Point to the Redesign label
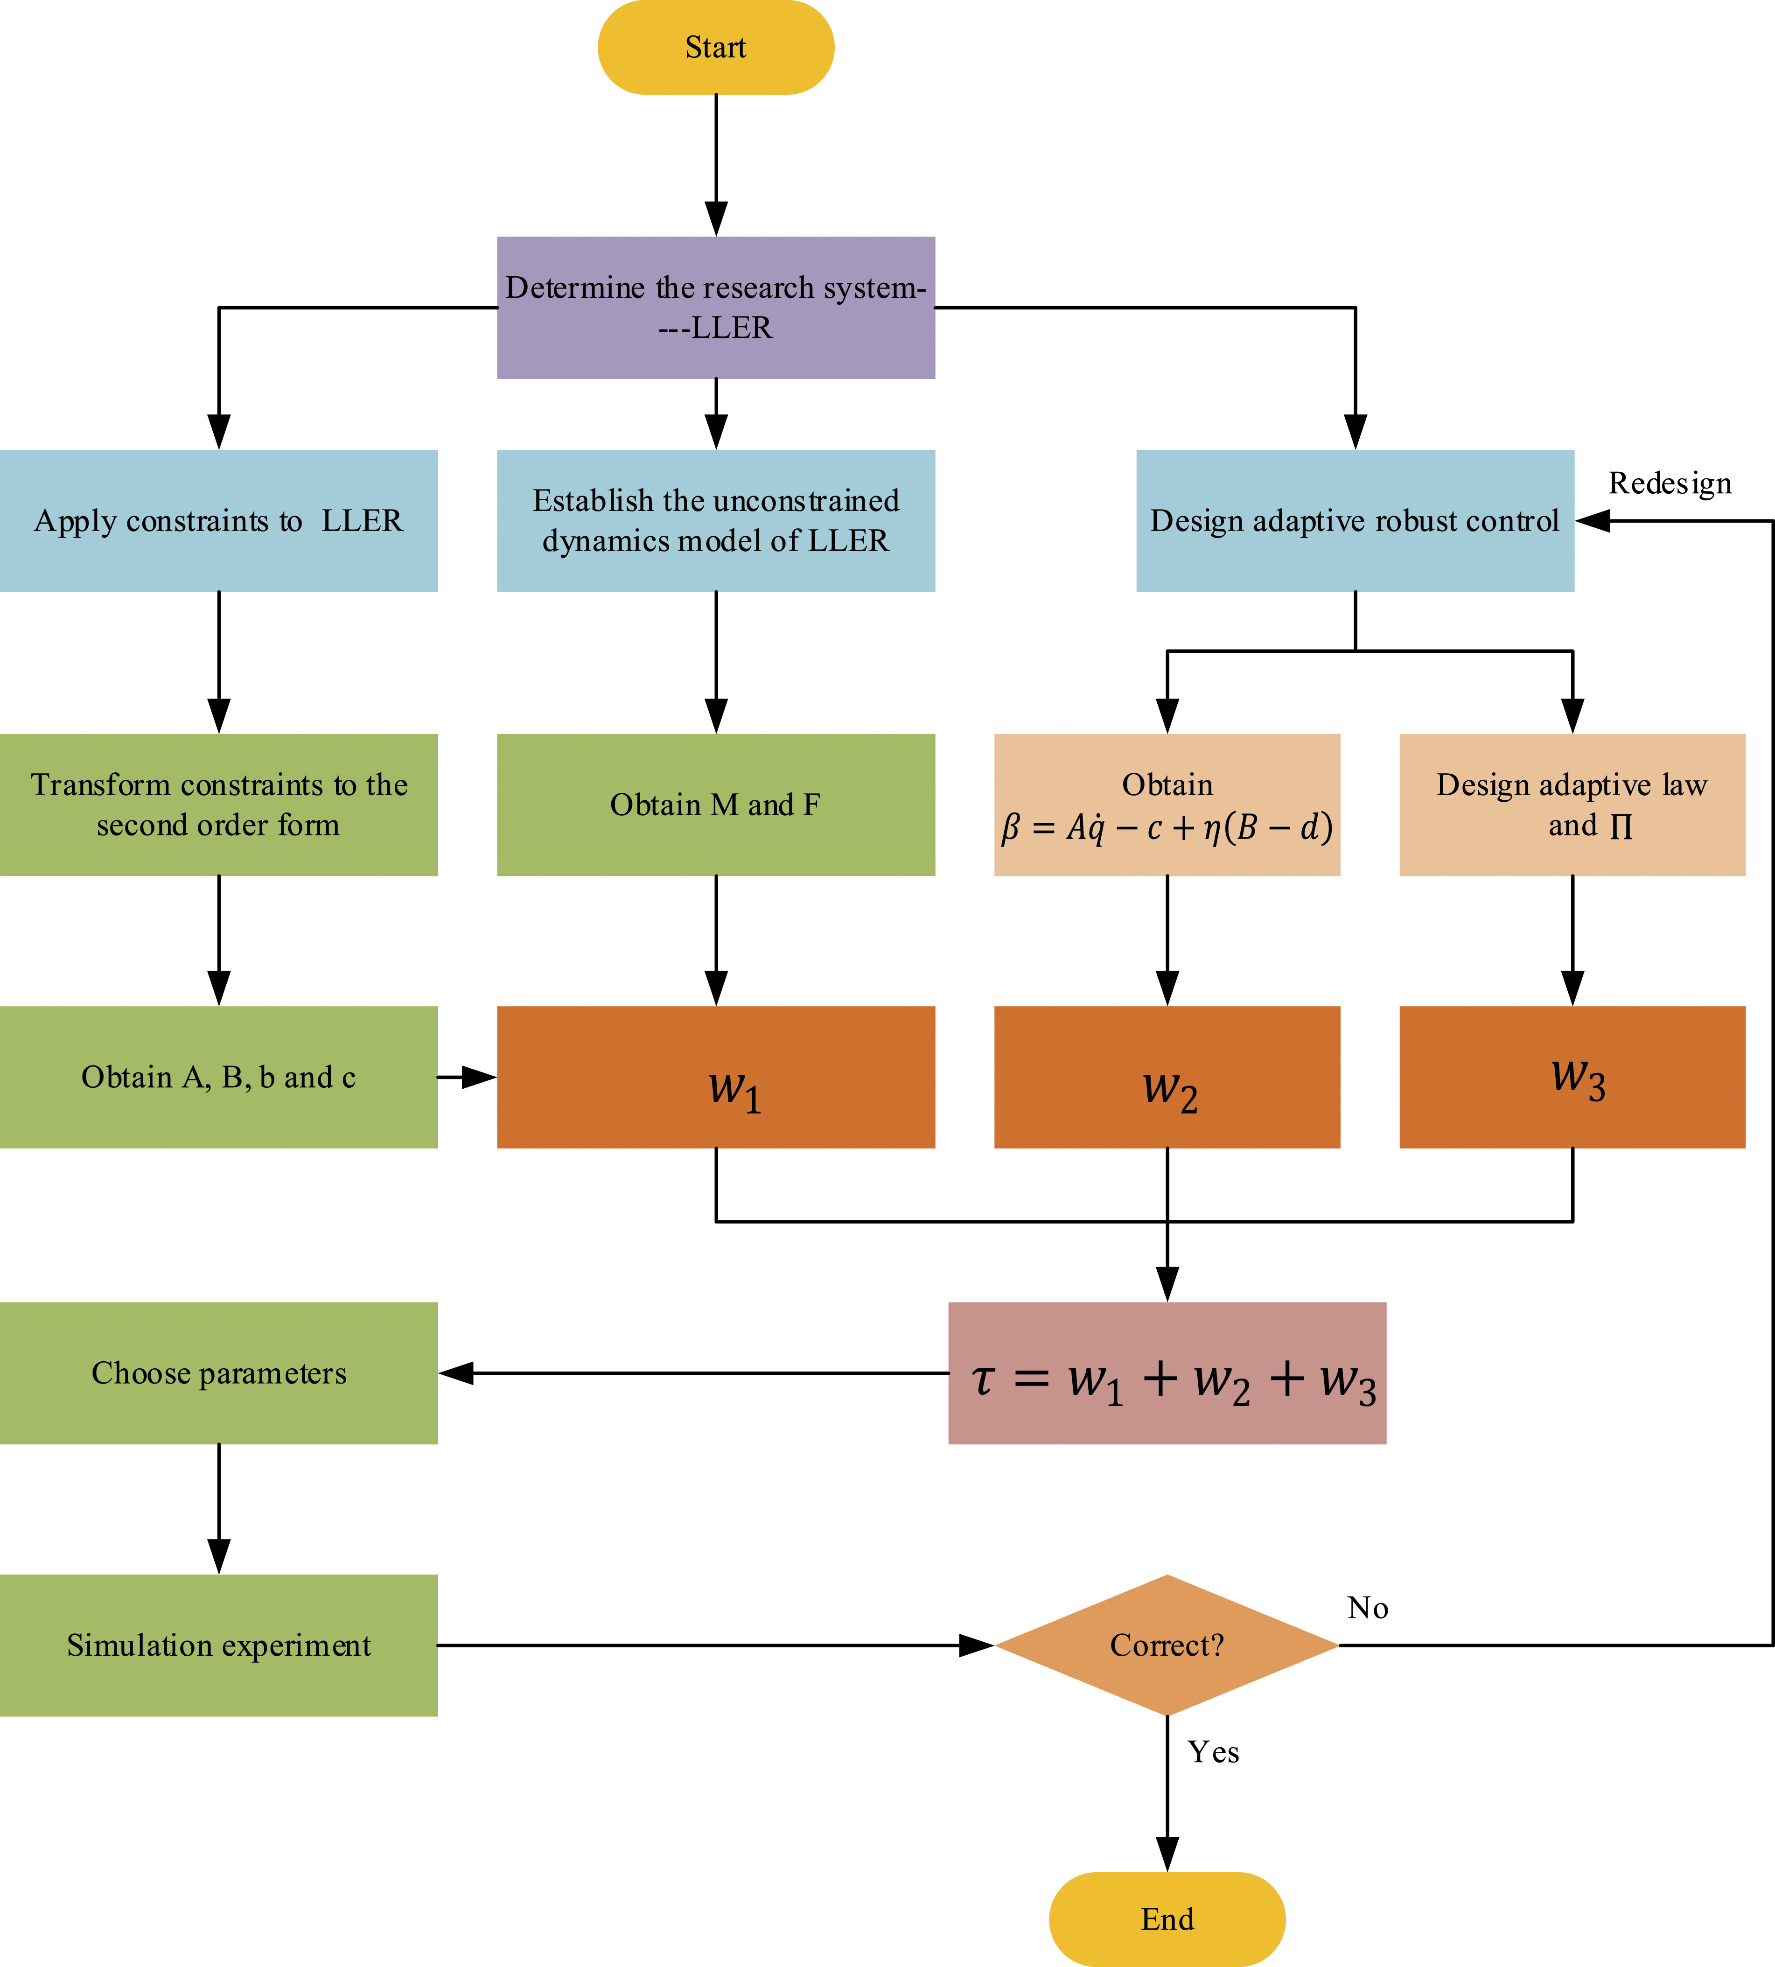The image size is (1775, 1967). (x=1670, y=483)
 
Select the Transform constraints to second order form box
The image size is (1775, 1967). (x=218, y=805)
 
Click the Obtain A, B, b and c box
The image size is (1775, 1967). (x=218, y=1077)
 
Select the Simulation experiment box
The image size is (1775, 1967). (x=218, y=1645)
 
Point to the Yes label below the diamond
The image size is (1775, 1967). (x=1213, y=1752)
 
